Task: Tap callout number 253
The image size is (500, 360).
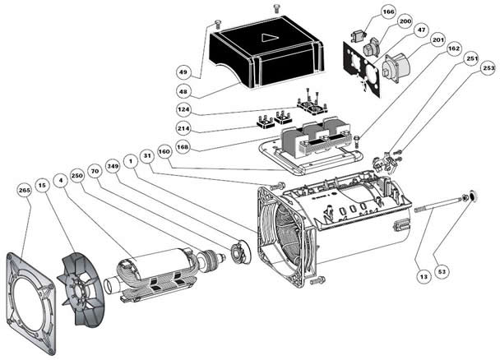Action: coord(488,67)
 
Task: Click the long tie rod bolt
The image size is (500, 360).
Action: coord(441,204)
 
